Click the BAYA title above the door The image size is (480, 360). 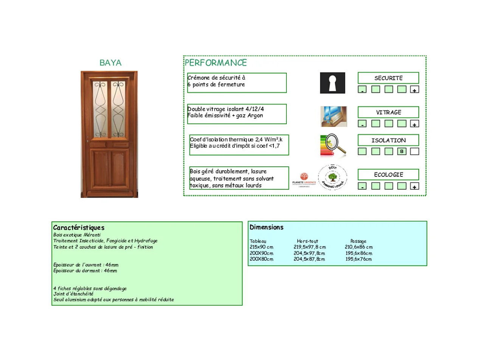pos(110,63)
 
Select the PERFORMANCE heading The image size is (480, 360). pos(216,63)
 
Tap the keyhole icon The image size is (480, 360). pos(332,83)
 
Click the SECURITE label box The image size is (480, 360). pos(388,78)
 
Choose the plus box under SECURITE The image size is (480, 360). pos(415,90)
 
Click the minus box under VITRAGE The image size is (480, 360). pos(362,124)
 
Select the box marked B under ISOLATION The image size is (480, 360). pos(402,151)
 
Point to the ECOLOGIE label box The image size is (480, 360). pos(388,175)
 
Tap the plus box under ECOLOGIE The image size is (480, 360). pos(415,186)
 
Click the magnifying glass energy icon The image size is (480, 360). pos(333,145)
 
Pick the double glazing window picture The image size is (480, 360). pos(334,116)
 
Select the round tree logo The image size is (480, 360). pos(332,177)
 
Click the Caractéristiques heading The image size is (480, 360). pos(79,228)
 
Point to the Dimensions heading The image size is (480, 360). pos(266,227)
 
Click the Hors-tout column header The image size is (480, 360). pos(308,241)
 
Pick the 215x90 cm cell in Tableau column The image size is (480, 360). pos(262,247)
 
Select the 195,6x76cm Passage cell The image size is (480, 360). pos(359,259)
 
